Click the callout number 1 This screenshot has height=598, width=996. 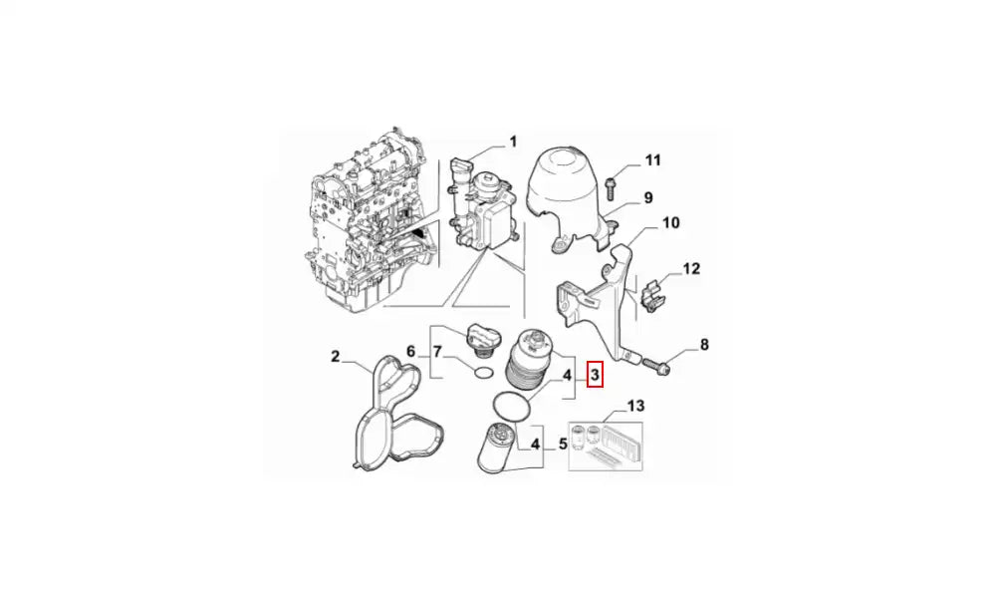click(x=513, y=142)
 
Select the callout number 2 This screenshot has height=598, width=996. click(x=336, y=357)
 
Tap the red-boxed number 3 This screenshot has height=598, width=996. click(x=595, y=375)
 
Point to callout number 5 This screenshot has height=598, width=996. click(x=563, y=444)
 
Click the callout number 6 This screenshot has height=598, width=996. click(x=411, y=351)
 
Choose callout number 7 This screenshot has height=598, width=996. click(x=437, y=351)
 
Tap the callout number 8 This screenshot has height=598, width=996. click(x=704, y=345)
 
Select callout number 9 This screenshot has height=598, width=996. click(x=648, y=197)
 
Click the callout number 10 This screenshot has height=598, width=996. click(x=670, y=222)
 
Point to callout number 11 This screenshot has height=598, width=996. click(x=653, y=160)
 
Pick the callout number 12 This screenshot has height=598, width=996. click(x=691, y=268)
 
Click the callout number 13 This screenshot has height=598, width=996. click(x=635, y=406)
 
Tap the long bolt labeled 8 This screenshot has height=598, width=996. click(x=656, y=366)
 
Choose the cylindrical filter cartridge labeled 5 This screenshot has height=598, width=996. click(x=495, y=448)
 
